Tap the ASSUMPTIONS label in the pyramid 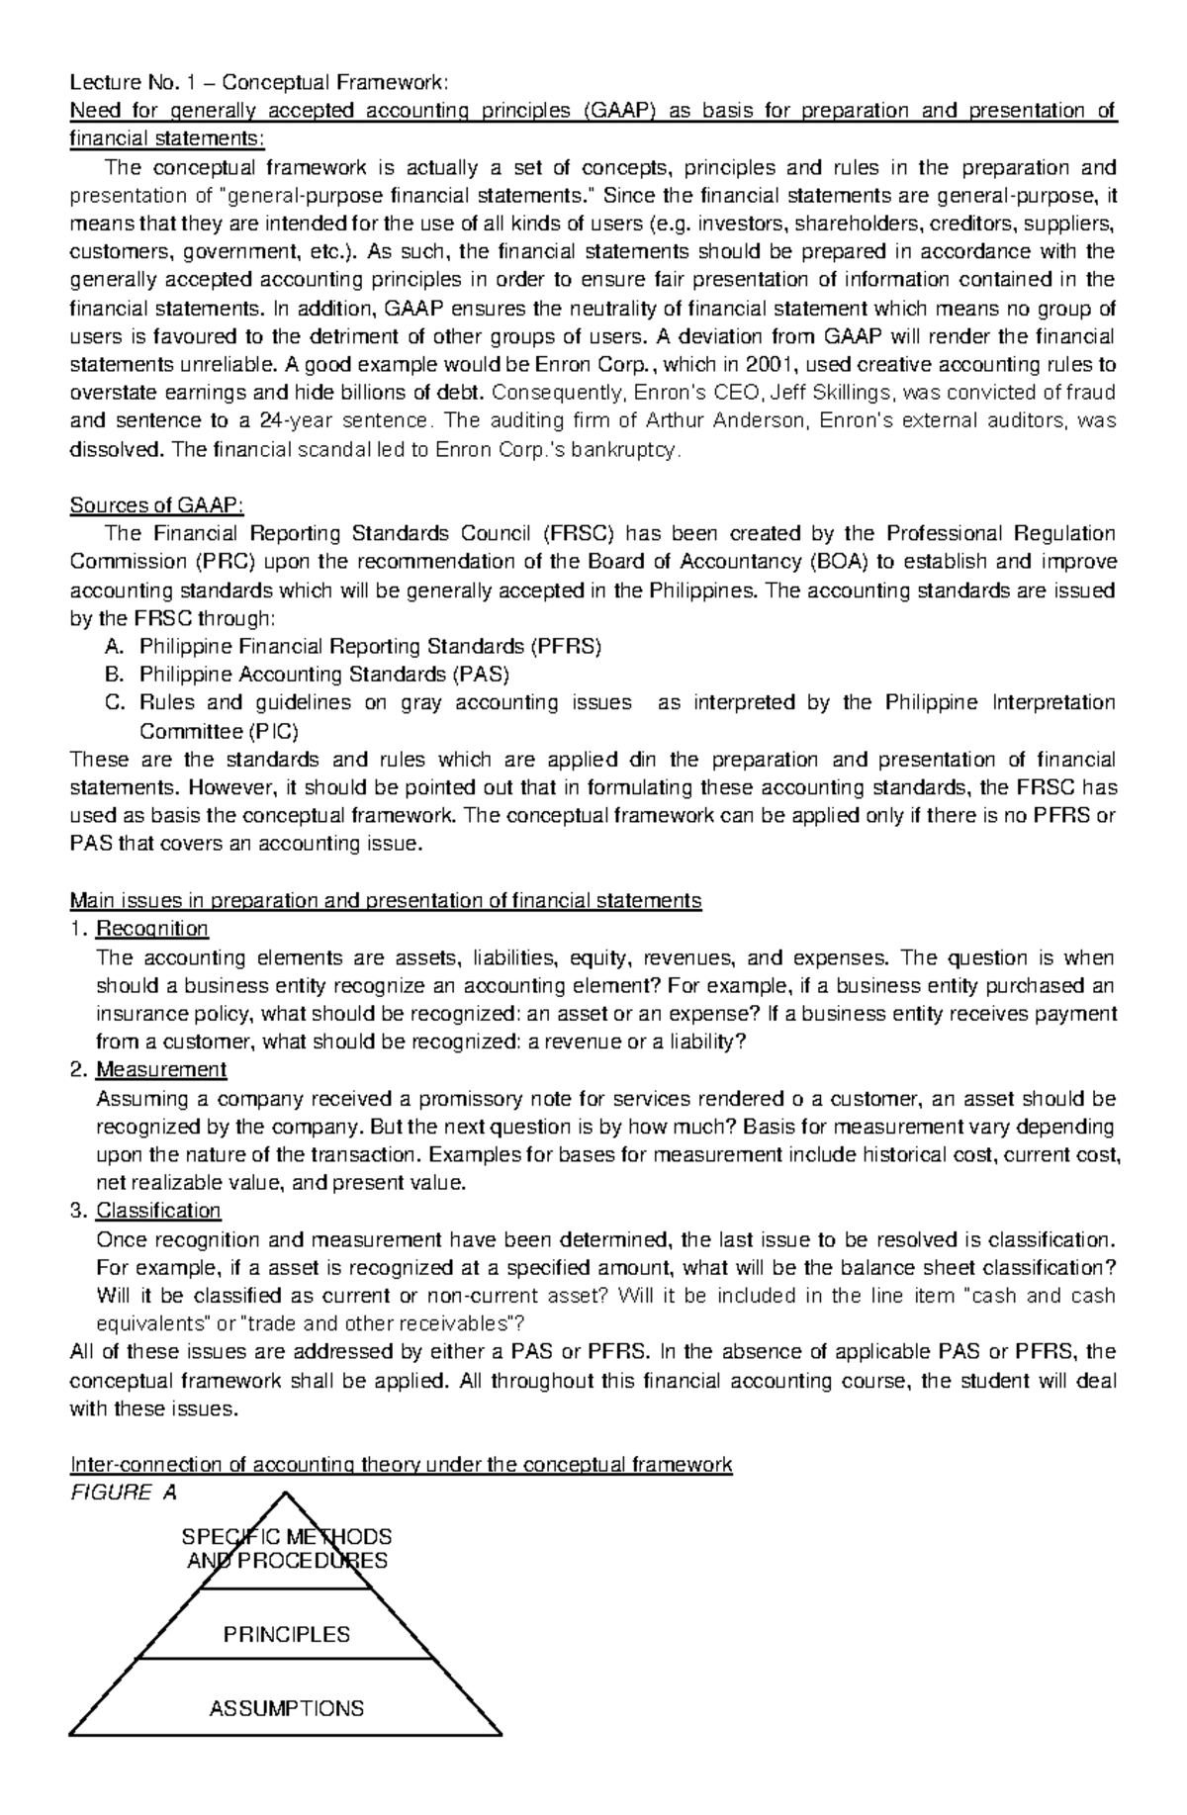pyautogui.click(x=287, y=1708)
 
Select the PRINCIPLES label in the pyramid pyautogui.click(x=287, y=1634)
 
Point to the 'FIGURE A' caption pyautogui.click(x=124, y=1494)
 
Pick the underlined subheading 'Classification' pyautogui.click(x=158, y=1212)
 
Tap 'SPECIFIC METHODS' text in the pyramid pyautogui.click(x=287, y=1537)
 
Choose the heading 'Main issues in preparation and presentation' pyautogui.click(x=385, y=901)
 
